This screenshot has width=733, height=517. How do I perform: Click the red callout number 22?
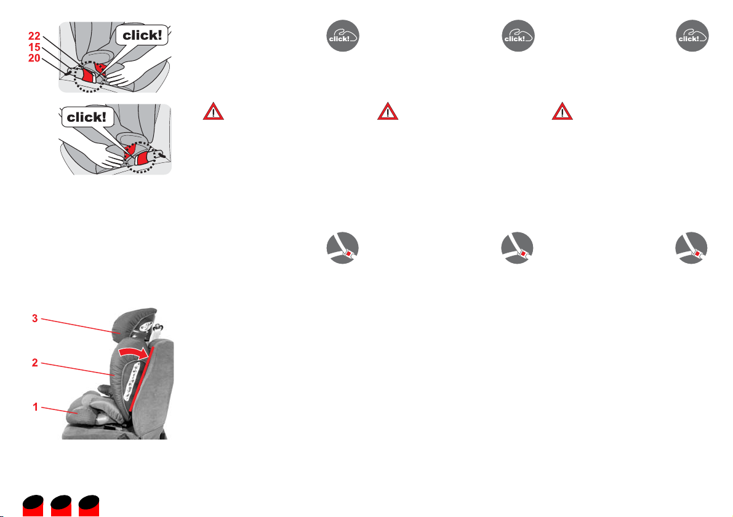pos(34,36)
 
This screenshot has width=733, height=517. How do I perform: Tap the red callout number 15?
pos(34,47)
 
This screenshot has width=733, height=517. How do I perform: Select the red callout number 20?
pos(34,58)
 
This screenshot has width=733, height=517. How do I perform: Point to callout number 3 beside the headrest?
pos(34,318)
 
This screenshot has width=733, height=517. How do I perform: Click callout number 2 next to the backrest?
pos(34,363)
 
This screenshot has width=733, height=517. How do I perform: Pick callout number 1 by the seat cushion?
pos(35,407)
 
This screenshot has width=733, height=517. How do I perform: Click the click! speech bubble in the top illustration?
pos(142,35)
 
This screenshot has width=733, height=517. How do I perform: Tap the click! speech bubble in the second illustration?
pos(87,117)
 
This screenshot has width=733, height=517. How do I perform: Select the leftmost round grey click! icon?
pos(343,36)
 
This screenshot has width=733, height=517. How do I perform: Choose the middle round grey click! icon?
pos(518,36)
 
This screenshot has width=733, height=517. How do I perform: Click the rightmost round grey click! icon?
pos(692,36)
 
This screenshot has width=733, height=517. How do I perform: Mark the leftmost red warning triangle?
pos(213,112)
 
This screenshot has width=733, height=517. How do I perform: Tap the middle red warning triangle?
pos(388,112)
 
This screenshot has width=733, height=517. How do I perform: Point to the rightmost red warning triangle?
pos(563,112)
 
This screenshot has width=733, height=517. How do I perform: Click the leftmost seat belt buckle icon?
pos(343,248)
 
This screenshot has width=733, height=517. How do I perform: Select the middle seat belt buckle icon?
pos(517,248)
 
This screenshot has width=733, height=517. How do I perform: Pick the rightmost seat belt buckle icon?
pos(691,248)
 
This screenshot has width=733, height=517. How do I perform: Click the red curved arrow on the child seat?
pos(134,352)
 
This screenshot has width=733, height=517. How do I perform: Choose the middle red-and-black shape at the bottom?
pos(62,506)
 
